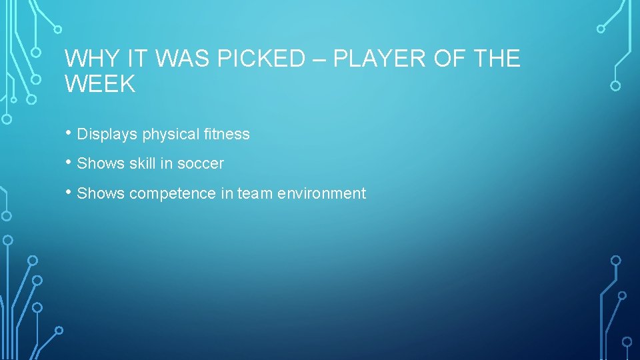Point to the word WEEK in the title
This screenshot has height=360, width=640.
click(x=100, y=85)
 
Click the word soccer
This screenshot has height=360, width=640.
click(x=201, y=163)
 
